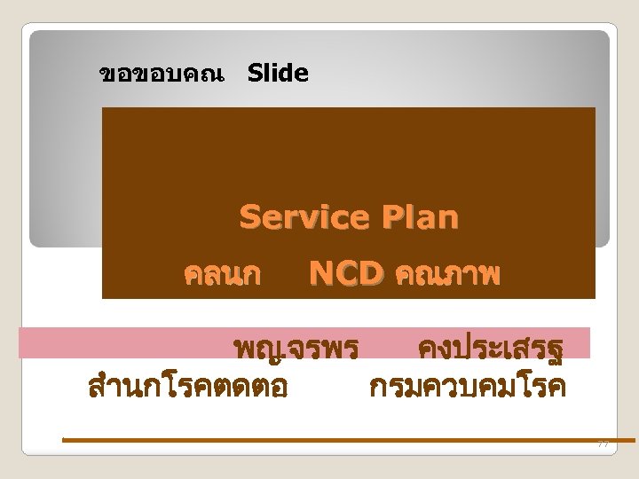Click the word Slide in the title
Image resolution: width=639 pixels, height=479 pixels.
click(x=278, y=74)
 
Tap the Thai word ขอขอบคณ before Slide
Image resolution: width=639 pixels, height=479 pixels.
click(x=162, y=75)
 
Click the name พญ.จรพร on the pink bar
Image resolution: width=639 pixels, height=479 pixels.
click(x=293, y=347)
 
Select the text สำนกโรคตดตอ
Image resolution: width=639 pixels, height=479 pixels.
click(x=187, y=387)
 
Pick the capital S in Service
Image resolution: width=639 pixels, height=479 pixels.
click(x=250, y=216)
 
